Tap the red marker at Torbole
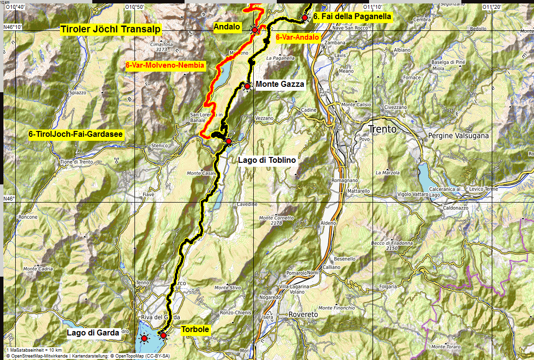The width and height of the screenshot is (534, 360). click(x=163, y=335)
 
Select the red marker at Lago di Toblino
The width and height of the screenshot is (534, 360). click(x=228, y=141)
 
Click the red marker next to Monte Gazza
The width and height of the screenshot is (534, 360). click(x=247, y=86)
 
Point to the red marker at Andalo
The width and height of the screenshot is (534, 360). click(x=255, y=30)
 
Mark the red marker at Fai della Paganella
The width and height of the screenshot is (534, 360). click(x=305, y=18)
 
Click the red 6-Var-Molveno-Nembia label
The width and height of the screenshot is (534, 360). click(x=165, y=66)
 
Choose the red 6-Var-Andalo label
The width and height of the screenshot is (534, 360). click(x=297, y=37)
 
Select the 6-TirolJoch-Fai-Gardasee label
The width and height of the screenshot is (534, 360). click(x=76, y=134)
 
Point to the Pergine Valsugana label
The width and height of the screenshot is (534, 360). click(x=458, y=135)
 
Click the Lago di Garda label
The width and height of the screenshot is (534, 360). click(x=93, y=333)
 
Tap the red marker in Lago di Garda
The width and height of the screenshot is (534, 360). click(x=144, y=338)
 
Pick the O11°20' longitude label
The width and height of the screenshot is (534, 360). click(x=492, y=7)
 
